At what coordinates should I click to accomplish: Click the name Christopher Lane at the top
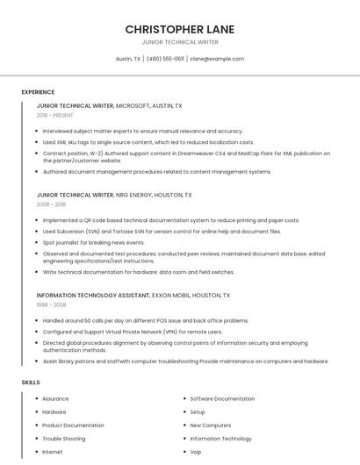coord(179,29)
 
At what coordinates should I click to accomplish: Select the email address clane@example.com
coord(217,59)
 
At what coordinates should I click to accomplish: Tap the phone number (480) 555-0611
coord(165,59)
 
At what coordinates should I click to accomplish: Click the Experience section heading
coord(38,92)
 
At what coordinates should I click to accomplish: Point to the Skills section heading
coord(31,383)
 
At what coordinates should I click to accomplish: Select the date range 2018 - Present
coord(54,115)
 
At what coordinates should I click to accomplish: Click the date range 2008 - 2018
coord(51,204)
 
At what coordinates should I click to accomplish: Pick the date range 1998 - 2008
coord(51,305)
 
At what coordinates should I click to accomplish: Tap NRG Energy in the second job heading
coord(135,195)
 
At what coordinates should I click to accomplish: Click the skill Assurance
coord(55,398)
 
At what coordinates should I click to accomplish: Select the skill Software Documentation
coord(222,398)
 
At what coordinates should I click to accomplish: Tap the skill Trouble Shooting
coord(64,439)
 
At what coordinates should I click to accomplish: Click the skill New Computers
coord(211,426)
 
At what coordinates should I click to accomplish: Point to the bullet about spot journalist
coord(94,242)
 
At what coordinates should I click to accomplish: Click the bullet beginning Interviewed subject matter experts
coord(143,131)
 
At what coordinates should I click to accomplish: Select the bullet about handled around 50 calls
coord(146,321)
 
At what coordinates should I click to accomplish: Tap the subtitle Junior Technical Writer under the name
coord(179,42)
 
